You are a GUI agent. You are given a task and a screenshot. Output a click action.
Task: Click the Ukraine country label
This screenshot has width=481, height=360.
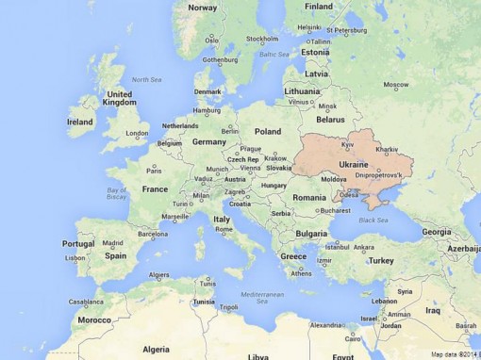coord(353,163)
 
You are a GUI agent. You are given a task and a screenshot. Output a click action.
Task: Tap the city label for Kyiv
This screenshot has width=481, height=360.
coord(347,145)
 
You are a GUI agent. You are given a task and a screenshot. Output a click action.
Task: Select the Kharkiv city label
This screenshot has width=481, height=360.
coord(387,149)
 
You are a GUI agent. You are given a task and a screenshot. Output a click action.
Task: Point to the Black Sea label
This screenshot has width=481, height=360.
coord(373,220)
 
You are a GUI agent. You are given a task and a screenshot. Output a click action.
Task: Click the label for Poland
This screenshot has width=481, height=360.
coord(268,132)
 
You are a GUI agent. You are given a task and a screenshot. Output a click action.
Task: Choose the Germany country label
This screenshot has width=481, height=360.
coord(208,141)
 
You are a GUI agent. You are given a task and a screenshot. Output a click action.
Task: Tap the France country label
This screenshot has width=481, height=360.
coord(155,188)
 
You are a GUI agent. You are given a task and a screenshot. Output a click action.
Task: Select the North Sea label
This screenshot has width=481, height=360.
coord(147,79)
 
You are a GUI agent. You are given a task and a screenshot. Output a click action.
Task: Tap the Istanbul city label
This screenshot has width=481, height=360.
coord(337,245)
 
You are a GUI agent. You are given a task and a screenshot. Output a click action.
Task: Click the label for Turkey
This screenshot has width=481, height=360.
coord(381,260)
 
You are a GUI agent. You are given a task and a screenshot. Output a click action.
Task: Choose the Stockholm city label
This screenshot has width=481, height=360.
coord(261,39)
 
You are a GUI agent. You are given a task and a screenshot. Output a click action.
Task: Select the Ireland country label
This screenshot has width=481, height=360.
coord(80,122)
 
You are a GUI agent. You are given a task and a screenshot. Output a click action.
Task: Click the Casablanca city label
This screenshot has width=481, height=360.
coord(86,303)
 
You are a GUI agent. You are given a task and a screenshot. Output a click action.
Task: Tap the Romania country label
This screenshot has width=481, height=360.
coord(308,197)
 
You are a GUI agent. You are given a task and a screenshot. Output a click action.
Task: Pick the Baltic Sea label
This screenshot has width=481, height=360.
coord(274,55)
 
